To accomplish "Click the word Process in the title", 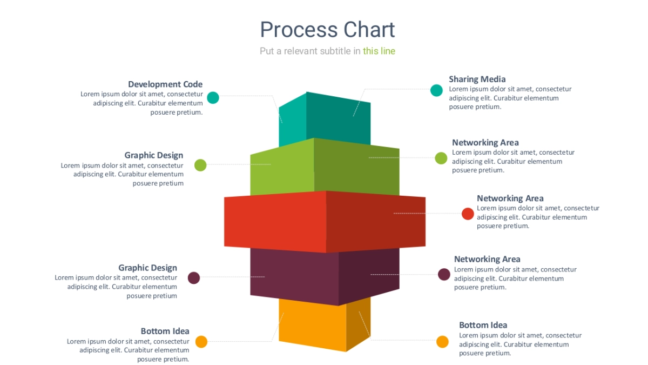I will coord(295,30).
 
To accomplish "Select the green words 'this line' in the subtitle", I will coord(379,51).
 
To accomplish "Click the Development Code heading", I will coord(165,84).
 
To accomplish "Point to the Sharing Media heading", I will coord(477,79).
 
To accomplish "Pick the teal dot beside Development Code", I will coord(213,98).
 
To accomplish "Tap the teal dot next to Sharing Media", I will coord(436,90).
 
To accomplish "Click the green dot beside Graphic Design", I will coord(200,165).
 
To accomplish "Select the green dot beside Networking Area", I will coord(441,158).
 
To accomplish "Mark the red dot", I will coord(468,214).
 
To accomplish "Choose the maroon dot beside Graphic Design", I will coord(194,278).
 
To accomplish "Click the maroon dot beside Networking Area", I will coord(444,274).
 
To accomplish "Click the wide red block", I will coord(324,222).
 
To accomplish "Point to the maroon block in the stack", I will coord(324,276).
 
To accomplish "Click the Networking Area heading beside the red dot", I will coord(510,198).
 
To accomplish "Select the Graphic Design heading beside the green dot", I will coord(154,156).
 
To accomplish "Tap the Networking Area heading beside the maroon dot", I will coord(487,260).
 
